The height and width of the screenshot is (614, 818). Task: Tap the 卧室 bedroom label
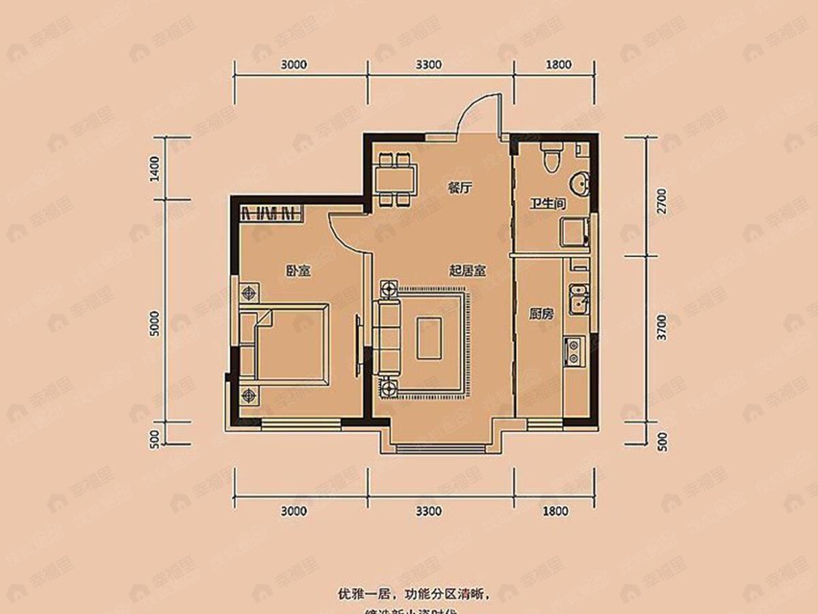click(x=298, y=271)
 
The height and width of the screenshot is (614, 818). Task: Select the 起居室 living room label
click(x=467, y=271)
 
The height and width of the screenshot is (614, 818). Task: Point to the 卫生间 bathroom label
click(x=547, y=203)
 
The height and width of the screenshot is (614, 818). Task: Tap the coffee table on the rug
click(x=429, y=338)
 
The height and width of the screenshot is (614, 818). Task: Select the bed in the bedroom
click(x=290, y=341)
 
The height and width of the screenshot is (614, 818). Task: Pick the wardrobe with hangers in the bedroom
click(x=270, y=212)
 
